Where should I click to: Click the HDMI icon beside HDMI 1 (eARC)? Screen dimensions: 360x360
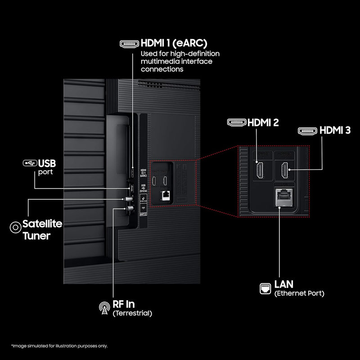tap(129, 44)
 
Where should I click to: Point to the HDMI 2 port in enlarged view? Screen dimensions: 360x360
tap(260, 170)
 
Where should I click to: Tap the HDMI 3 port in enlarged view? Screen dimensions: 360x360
tap(284, 170)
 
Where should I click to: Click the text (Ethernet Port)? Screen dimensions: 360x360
tap(299, 293)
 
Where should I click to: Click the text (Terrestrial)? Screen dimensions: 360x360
tap(133, 313)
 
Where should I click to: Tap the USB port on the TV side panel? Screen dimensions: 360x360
tap(132, 187)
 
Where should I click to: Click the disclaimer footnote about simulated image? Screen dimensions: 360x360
tap(59, 346)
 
